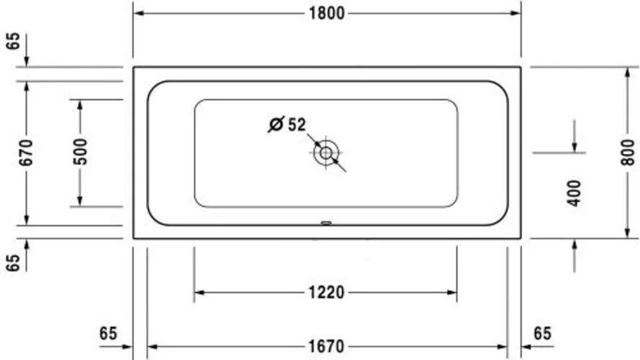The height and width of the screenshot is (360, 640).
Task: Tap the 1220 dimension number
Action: point(325,292)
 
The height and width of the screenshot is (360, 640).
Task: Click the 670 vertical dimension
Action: point(26,153)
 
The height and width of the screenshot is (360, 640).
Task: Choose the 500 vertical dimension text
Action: point(80,153)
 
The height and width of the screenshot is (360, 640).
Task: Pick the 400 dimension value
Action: point(574,193)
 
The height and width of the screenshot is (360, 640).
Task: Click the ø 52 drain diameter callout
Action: point(287,125)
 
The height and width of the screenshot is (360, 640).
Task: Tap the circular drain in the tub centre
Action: point(326,153)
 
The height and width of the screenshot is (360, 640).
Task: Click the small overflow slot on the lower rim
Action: point(326,222)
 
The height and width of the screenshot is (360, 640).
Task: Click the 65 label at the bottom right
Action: point(542,333)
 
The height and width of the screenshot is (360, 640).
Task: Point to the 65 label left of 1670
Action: point(108,333)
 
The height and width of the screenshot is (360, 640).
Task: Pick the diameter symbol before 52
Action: point(275,125)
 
